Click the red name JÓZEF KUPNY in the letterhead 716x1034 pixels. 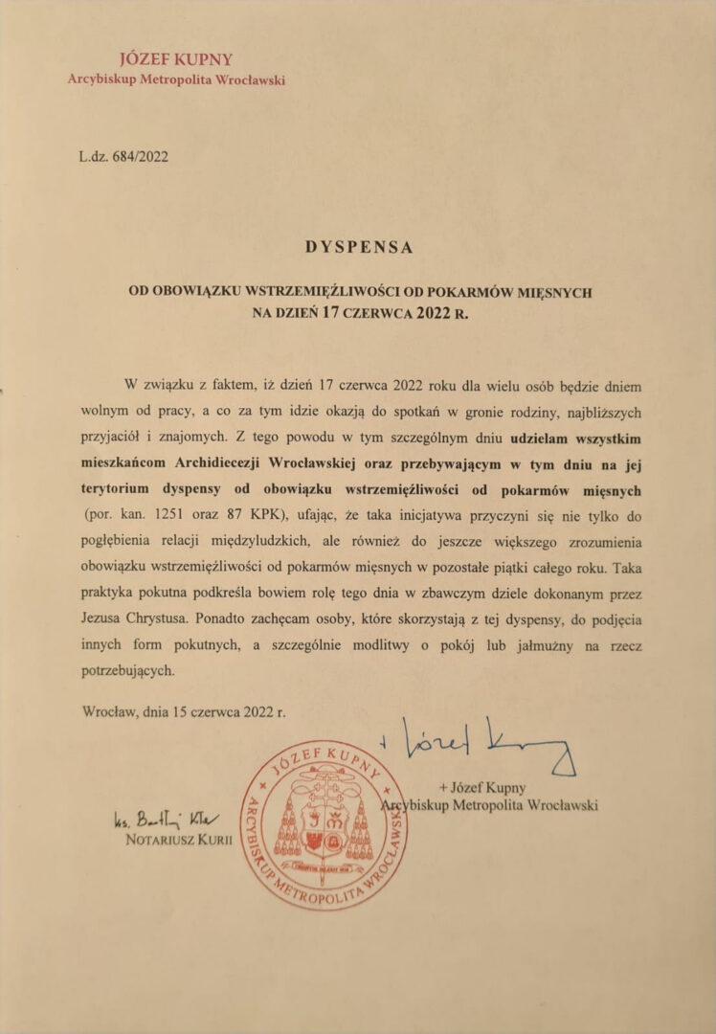(175, 59)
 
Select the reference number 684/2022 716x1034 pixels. (138, 156)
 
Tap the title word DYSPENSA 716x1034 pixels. (359, 246)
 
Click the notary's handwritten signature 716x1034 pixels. (166, 820)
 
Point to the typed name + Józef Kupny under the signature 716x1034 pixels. (482, 788)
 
